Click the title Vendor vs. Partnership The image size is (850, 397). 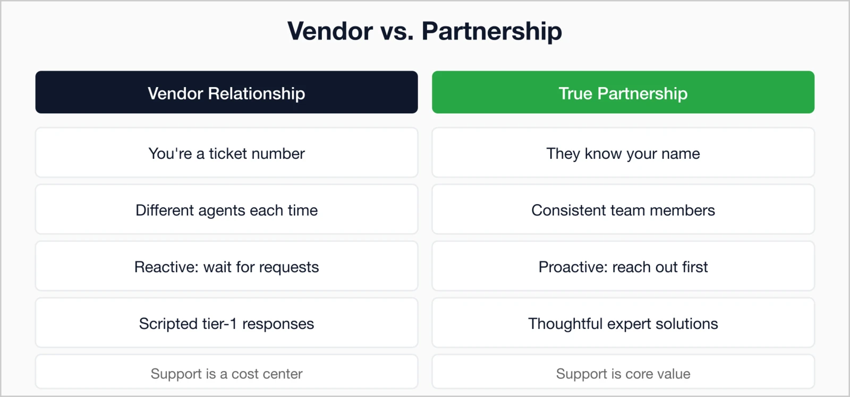pos(424,31)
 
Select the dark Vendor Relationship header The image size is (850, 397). pos(226,92)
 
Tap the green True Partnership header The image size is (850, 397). pos(623,92)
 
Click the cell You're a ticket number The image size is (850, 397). pos(226,153)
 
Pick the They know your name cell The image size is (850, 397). pos(623,153)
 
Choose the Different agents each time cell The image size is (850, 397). pos(226,210)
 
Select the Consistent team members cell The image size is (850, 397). pos(623,210)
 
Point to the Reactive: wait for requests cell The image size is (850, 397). pos(226,266)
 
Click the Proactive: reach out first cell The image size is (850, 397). pos(623,266)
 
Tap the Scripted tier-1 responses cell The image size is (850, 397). pos(226,323)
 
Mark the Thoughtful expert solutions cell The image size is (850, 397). pos(623,323)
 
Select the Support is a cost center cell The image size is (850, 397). pos(226,373)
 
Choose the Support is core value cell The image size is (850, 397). pos(623,373)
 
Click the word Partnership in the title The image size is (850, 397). pos(491,31)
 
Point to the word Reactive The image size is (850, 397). pos(166,267)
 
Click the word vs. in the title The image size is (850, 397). pos(397,31)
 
